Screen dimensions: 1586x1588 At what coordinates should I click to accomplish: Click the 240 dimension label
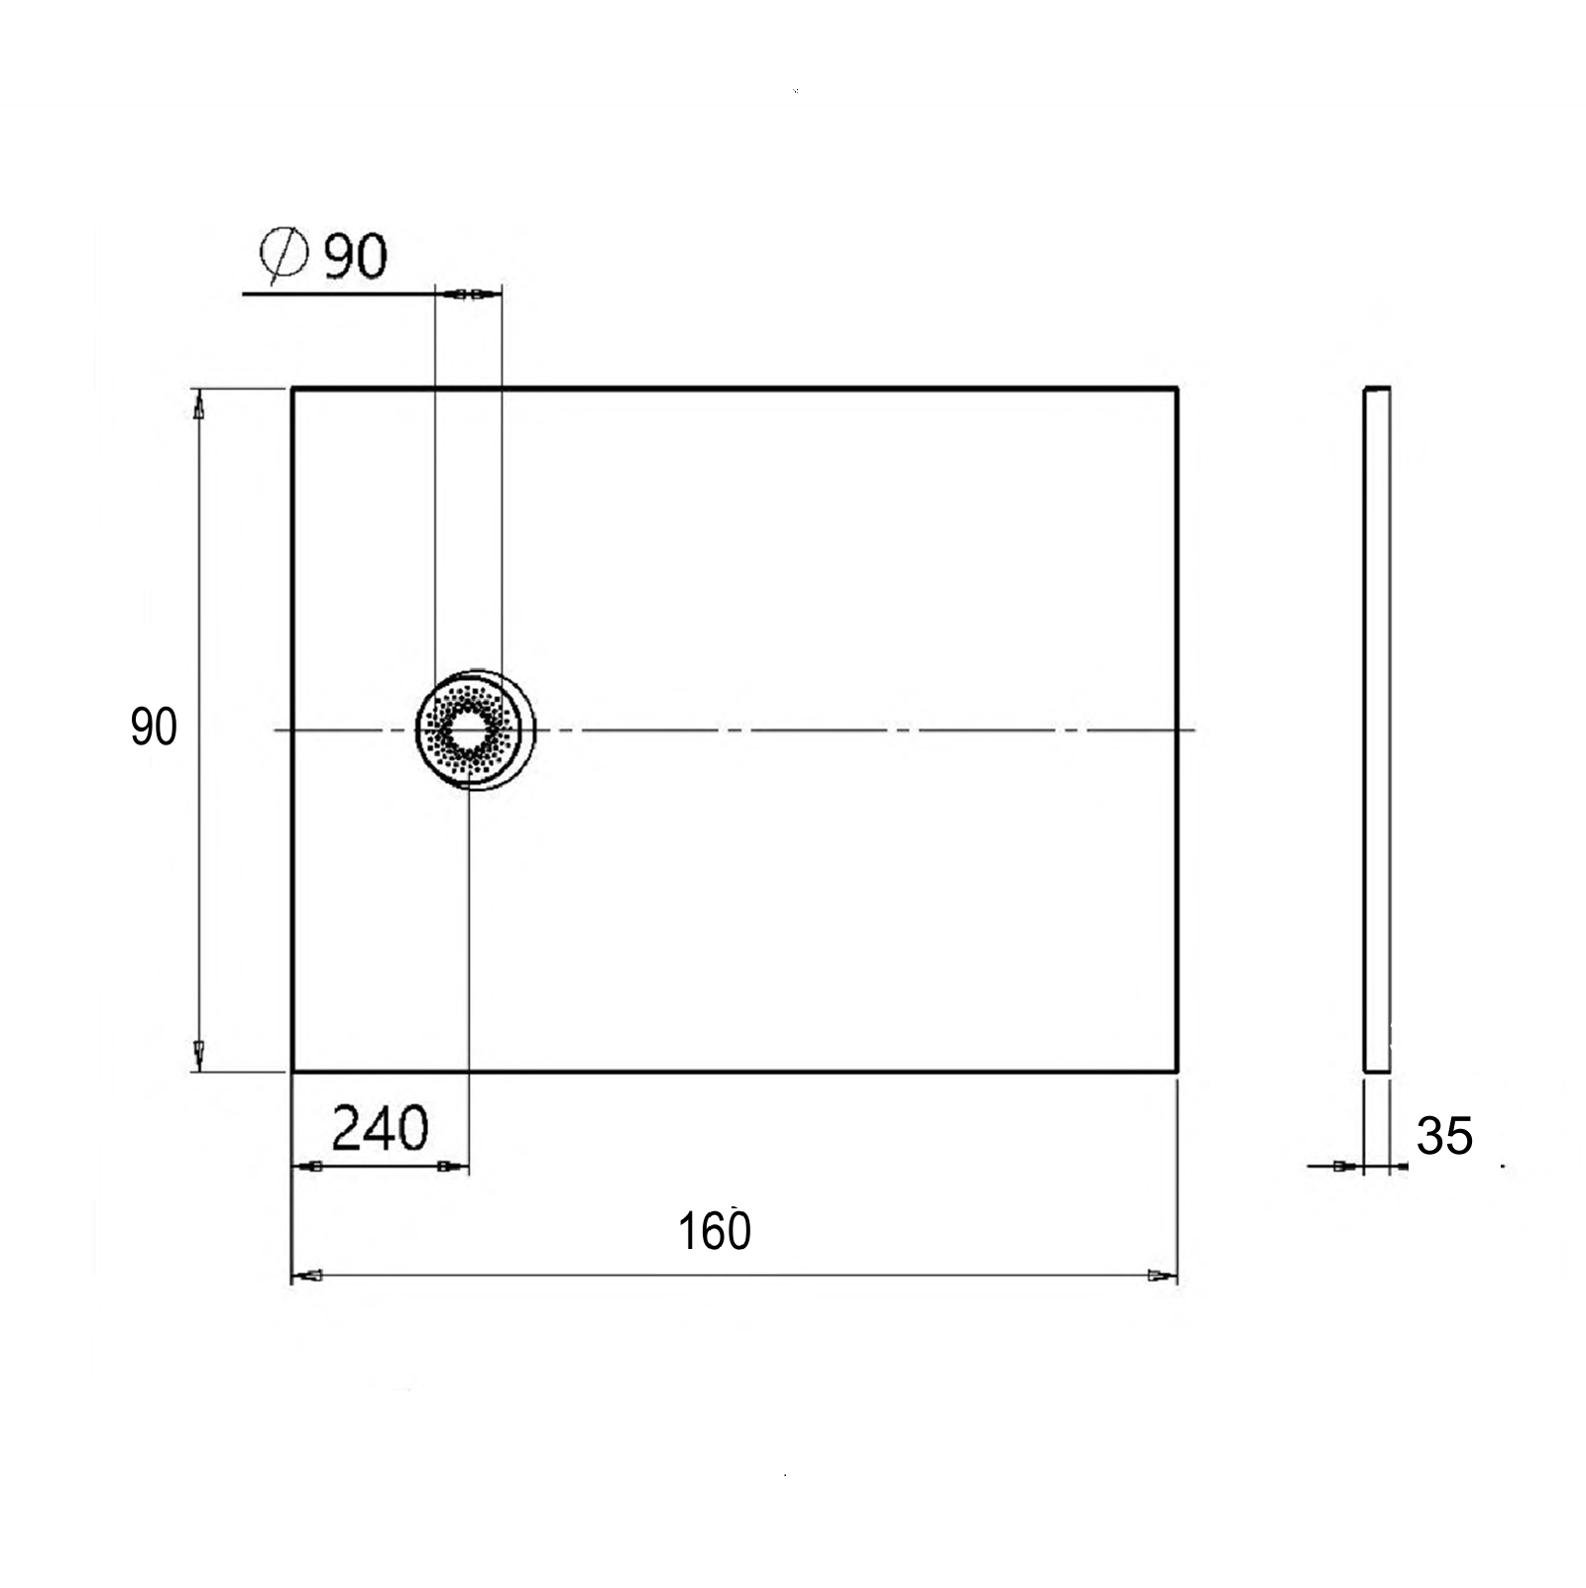pos(380,1128)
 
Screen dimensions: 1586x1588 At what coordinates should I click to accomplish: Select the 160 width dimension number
pos(714,1231)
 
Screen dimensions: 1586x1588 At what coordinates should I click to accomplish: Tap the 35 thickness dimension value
pos(1444,1136)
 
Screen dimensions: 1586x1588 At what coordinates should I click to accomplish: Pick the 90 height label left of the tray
pos(154,728)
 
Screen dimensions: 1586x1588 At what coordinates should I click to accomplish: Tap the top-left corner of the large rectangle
pos(292,389)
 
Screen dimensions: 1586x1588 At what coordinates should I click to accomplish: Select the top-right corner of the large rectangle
pos(1177,389)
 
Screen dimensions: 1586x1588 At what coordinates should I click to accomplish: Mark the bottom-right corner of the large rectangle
pos(1177,1071)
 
